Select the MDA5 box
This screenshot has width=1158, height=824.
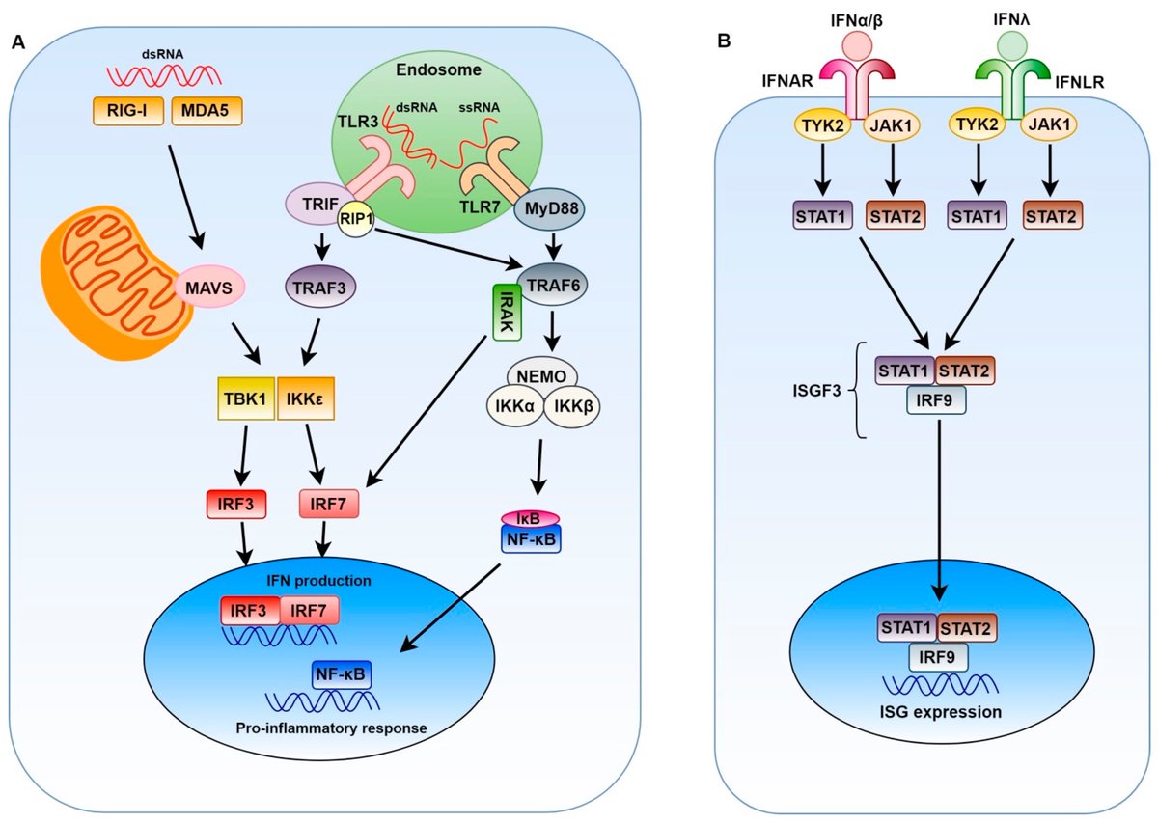pyautogui.click(x=206, y=114)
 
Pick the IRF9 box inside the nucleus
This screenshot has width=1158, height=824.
pyautogui.click(x=937, y=657)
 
